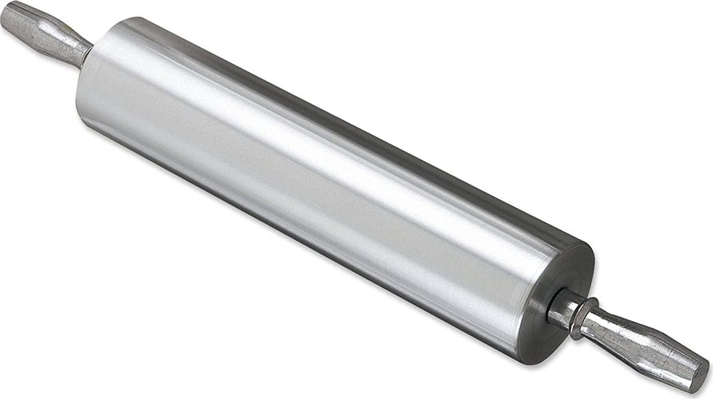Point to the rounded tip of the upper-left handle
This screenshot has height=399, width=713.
click(8, 14)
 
